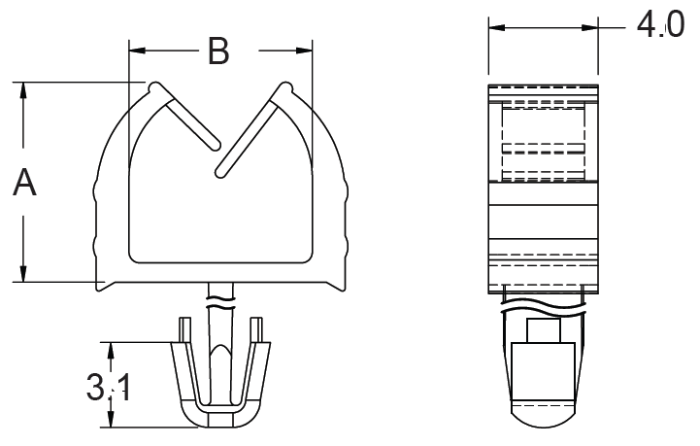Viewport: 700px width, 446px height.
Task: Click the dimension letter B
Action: coord(218,51)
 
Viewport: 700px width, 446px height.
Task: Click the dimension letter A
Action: coord(24,182)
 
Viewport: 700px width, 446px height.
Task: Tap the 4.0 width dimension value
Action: coord(660,25)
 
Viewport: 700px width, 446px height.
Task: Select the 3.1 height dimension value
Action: coord(109,388)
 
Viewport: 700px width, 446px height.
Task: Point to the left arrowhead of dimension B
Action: coord(137,51)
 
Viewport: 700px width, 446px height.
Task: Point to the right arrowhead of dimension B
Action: coord(304,51)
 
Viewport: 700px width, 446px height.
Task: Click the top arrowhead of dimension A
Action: coord(23,90)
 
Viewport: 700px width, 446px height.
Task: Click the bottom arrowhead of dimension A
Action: coord(23,273)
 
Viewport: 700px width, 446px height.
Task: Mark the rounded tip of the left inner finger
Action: coord(216,145)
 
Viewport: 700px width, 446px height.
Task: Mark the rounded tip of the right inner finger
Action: coord(220,173)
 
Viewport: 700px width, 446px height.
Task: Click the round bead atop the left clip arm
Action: coord(155,87)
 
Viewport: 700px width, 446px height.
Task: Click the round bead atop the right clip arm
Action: coord(286,87)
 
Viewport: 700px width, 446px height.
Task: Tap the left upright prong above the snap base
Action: coord(185,330)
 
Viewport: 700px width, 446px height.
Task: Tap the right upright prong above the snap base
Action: coord(256,330)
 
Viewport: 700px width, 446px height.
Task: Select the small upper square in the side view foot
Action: coord(543,331)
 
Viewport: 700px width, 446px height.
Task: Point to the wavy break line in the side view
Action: coord(543,307)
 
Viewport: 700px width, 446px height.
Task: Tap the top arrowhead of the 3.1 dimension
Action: coord(111,351)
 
